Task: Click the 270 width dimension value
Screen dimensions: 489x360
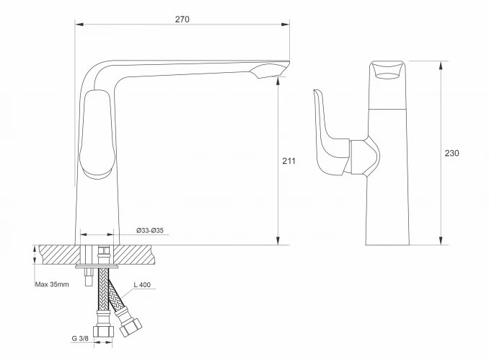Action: pos(182,19)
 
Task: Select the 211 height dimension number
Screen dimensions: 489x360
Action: pos(288,161)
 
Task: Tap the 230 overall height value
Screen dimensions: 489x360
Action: pos(452,153)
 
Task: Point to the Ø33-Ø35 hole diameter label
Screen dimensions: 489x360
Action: pos(150,231)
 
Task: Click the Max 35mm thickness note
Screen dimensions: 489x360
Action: pos(52,284)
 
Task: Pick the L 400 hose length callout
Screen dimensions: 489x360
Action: pos(142,284)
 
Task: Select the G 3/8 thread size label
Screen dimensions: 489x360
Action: pos(80,338)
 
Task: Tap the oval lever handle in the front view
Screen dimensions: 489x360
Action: pos(97,134)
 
